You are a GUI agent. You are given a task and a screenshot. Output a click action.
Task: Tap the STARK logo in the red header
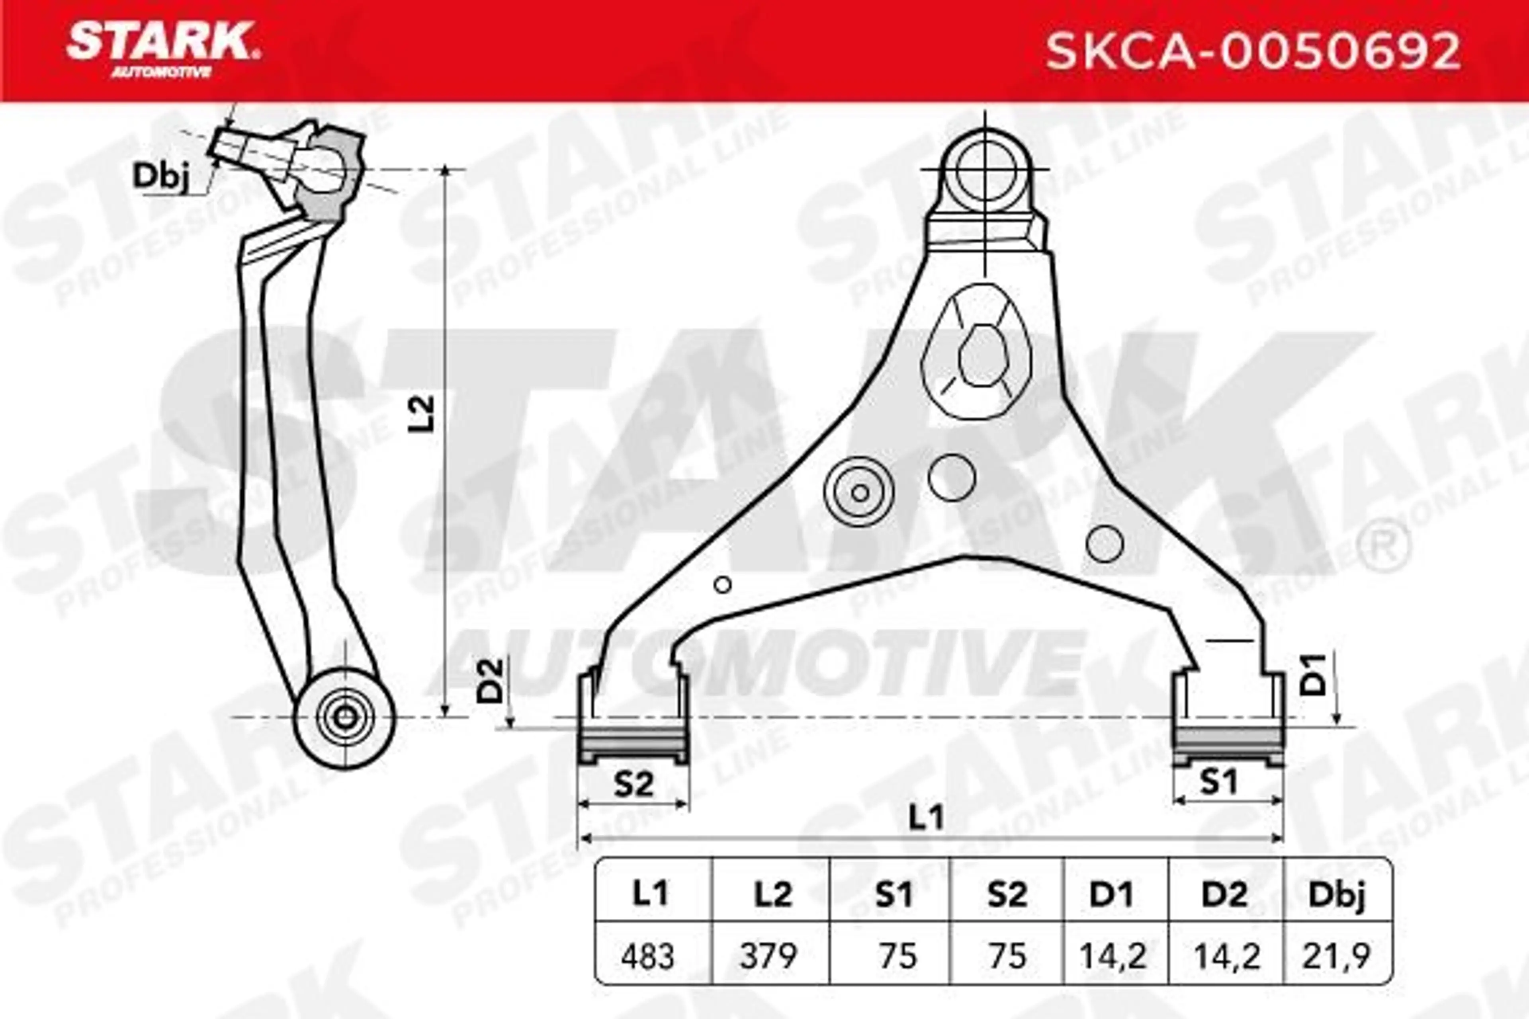(x=162, y=48)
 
